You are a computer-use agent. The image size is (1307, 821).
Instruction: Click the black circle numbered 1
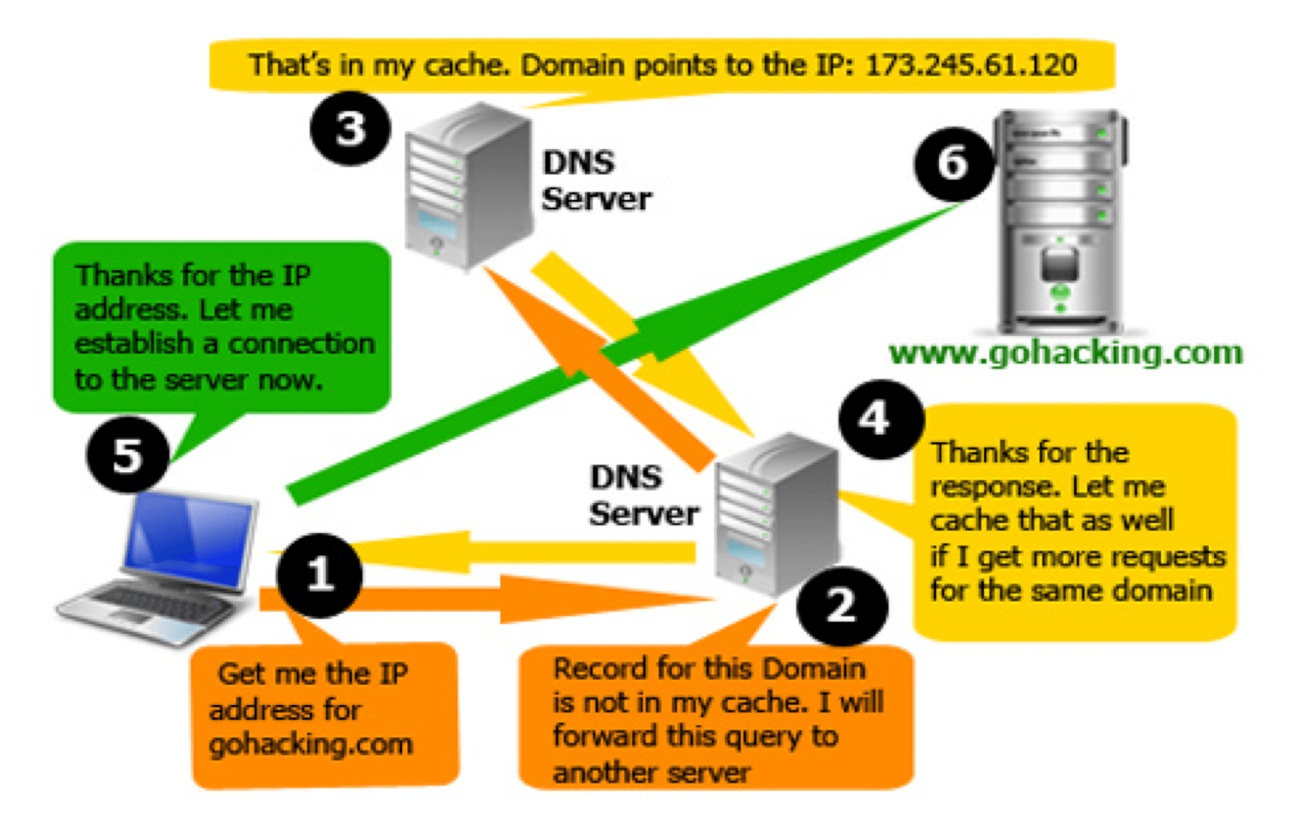coord(320,574)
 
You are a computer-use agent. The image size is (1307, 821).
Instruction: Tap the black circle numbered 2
coord(842,604)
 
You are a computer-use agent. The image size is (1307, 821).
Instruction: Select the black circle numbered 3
coord(350,128)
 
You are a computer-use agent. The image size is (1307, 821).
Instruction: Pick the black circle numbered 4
coord(881,418)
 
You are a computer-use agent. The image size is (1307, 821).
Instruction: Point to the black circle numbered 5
coord(127,454)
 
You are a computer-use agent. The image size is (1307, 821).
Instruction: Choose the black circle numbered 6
coord(953,162)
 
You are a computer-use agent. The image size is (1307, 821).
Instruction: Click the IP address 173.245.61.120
coord(971,65)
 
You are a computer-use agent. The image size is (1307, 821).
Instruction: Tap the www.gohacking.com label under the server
coord(1065,352)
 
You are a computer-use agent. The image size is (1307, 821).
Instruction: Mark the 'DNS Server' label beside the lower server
coord(643,495)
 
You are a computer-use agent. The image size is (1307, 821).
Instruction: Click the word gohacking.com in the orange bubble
coord(310,745)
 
